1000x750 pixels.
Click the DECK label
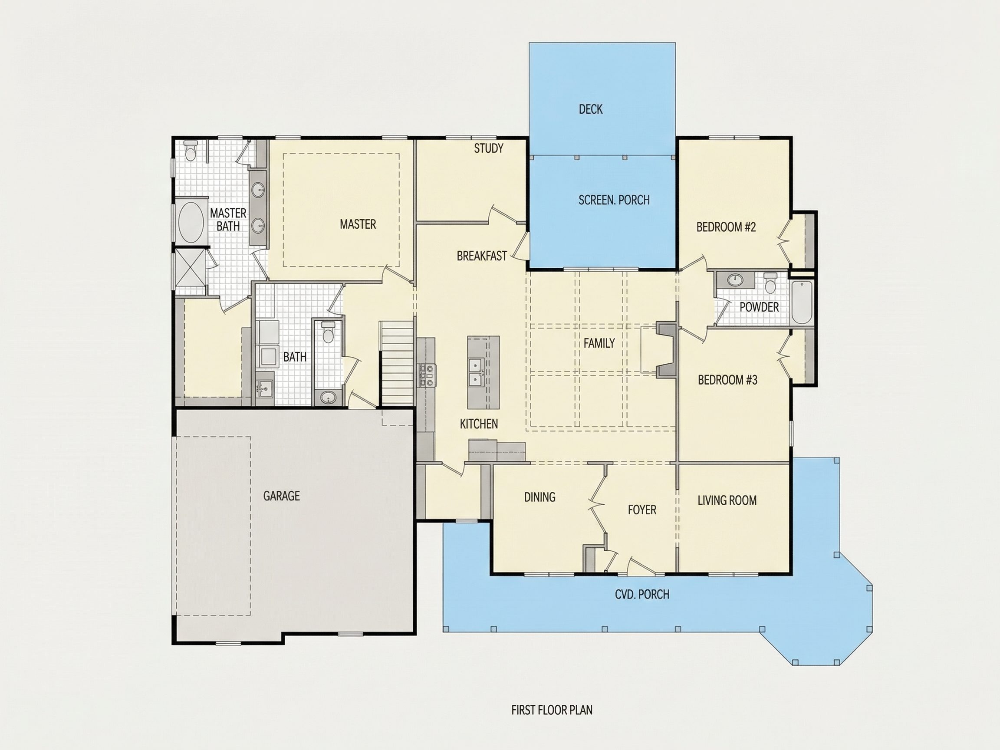(x=590, y=109)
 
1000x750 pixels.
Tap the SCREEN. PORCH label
(x=614, y=200)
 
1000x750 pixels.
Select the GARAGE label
(x=281, y=496)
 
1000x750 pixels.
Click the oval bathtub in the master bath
(x=191, y=222)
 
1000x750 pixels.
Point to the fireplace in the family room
(x=666, y=349)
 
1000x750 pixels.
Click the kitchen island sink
(x=476, y=372)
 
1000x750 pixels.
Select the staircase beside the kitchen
(x=396, y=363)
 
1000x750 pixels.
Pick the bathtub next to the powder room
(x=802, y=302)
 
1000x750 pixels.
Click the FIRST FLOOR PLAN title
(x=552, y=710)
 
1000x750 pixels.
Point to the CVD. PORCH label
(x=642, y=594)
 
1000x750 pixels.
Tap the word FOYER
(x=642, y=510)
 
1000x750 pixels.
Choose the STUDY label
(x=488, y=148)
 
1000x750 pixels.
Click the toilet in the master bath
(x=191, y=151)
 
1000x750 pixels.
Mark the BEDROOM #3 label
(x=727, y=380)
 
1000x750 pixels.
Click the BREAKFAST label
(x=482, y=256)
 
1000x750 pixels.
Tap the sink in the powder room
(x=735, y=280)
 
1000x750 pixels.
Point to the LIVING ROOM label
(x=727, y=500)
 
